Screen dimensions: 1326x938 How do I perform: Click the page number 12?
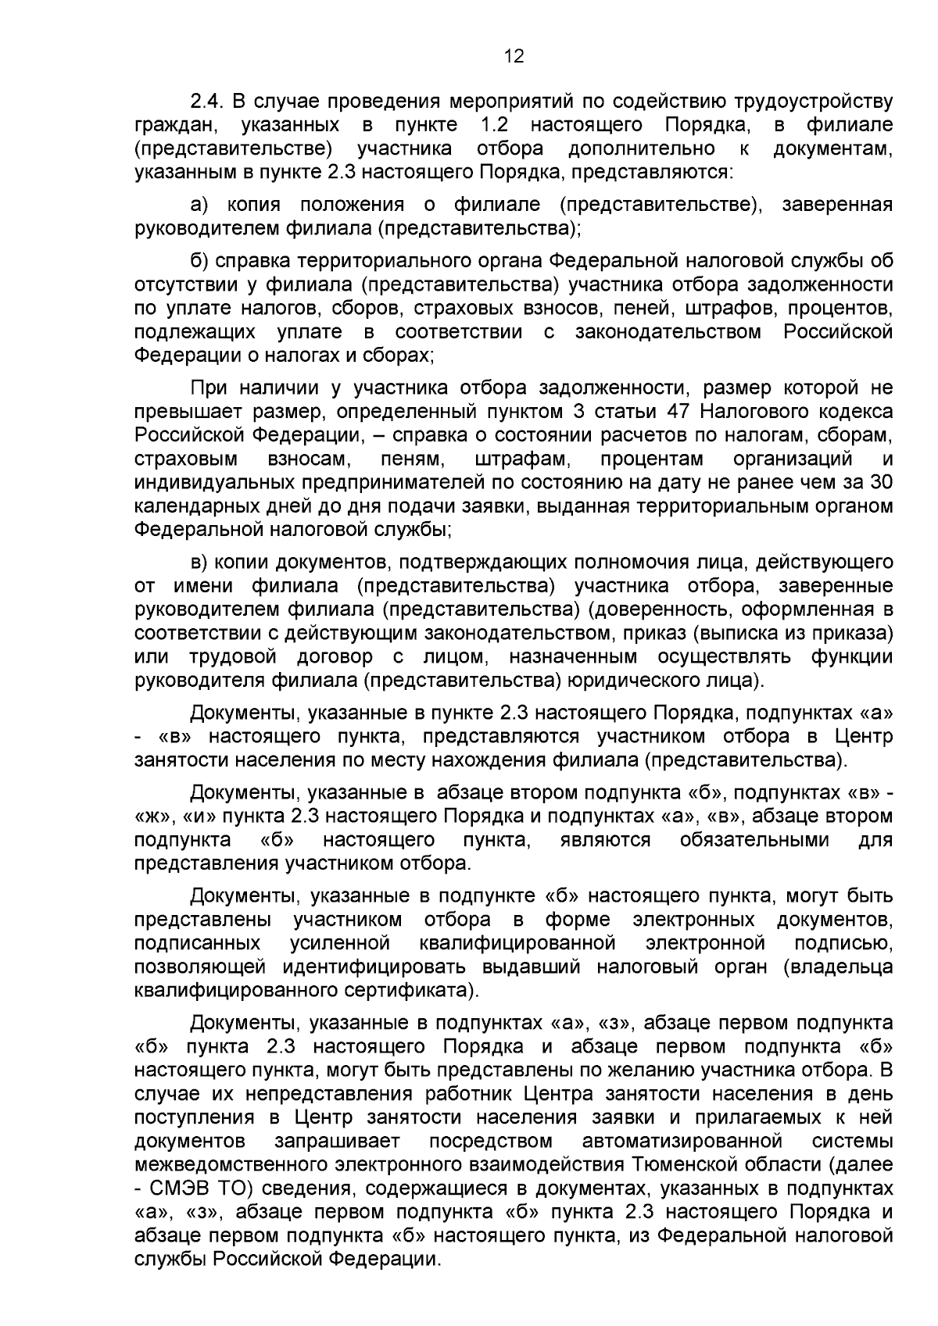(514, 56)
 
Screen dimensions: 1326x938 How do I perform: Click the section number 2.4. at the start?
(208, 102)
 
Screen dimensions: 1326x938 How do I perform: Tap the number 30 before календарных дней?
(881, 482)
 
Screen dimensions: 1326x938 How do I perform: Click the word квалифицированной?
(517, 943)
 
